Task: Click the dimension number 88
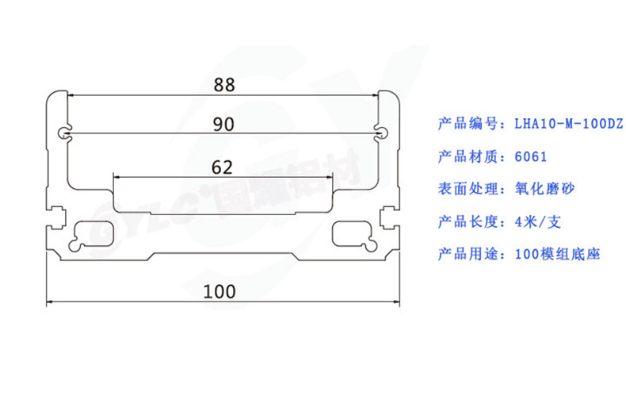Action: click(x=223, y=83)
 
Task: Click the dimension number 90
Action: click(x=223, y=124)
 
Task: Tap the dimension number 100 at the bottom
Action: click(x=219, y=291)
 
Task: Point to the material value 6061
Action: click(x=530, y=156)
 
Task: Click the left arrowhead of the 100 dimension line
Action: click(x=49, y=302)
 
